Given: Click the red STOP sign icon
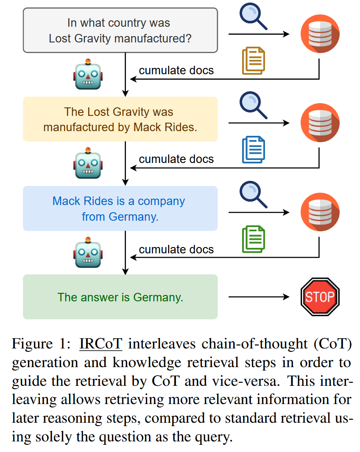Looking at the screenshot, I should click(x=320, y=297).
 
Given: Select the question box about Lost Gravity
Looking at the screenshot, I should click(x=120, y=31).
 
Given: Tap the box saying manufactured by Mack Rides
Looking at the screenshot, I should click(x=120, y=119).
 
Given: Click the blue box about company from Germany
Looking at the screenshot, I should click(x=120, y=208).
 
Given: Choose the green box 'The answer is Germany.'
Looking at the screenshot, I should click(x=120, y=297).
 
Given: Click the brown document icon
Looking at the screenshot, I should click(x=254, y=61).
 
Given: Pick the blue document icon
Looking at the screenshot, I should click(x=254, y=150).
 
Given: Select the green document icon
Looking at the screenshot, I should click(x=254, y=239).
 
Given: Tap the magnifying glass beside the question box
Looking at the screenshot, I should click(x=253, y=16).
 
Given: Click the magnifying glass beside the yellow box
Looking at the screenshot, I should click(x=253, y=105).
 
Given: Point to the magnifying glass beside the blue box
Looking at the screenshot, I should click(x=253, y=194).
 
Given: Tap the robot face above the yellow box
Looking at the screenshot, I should click(x=88, y=74).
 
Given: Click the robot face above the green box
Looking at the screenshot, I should click(x=88, y=253).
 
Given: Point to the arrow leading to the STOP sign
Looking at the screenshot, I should click(x=259, y=297).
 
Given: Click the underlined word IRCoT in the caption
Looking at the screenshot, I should click(x=101, y=344).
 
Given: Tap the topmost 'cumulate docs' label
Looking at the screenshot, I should click(x=176, y=70).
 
